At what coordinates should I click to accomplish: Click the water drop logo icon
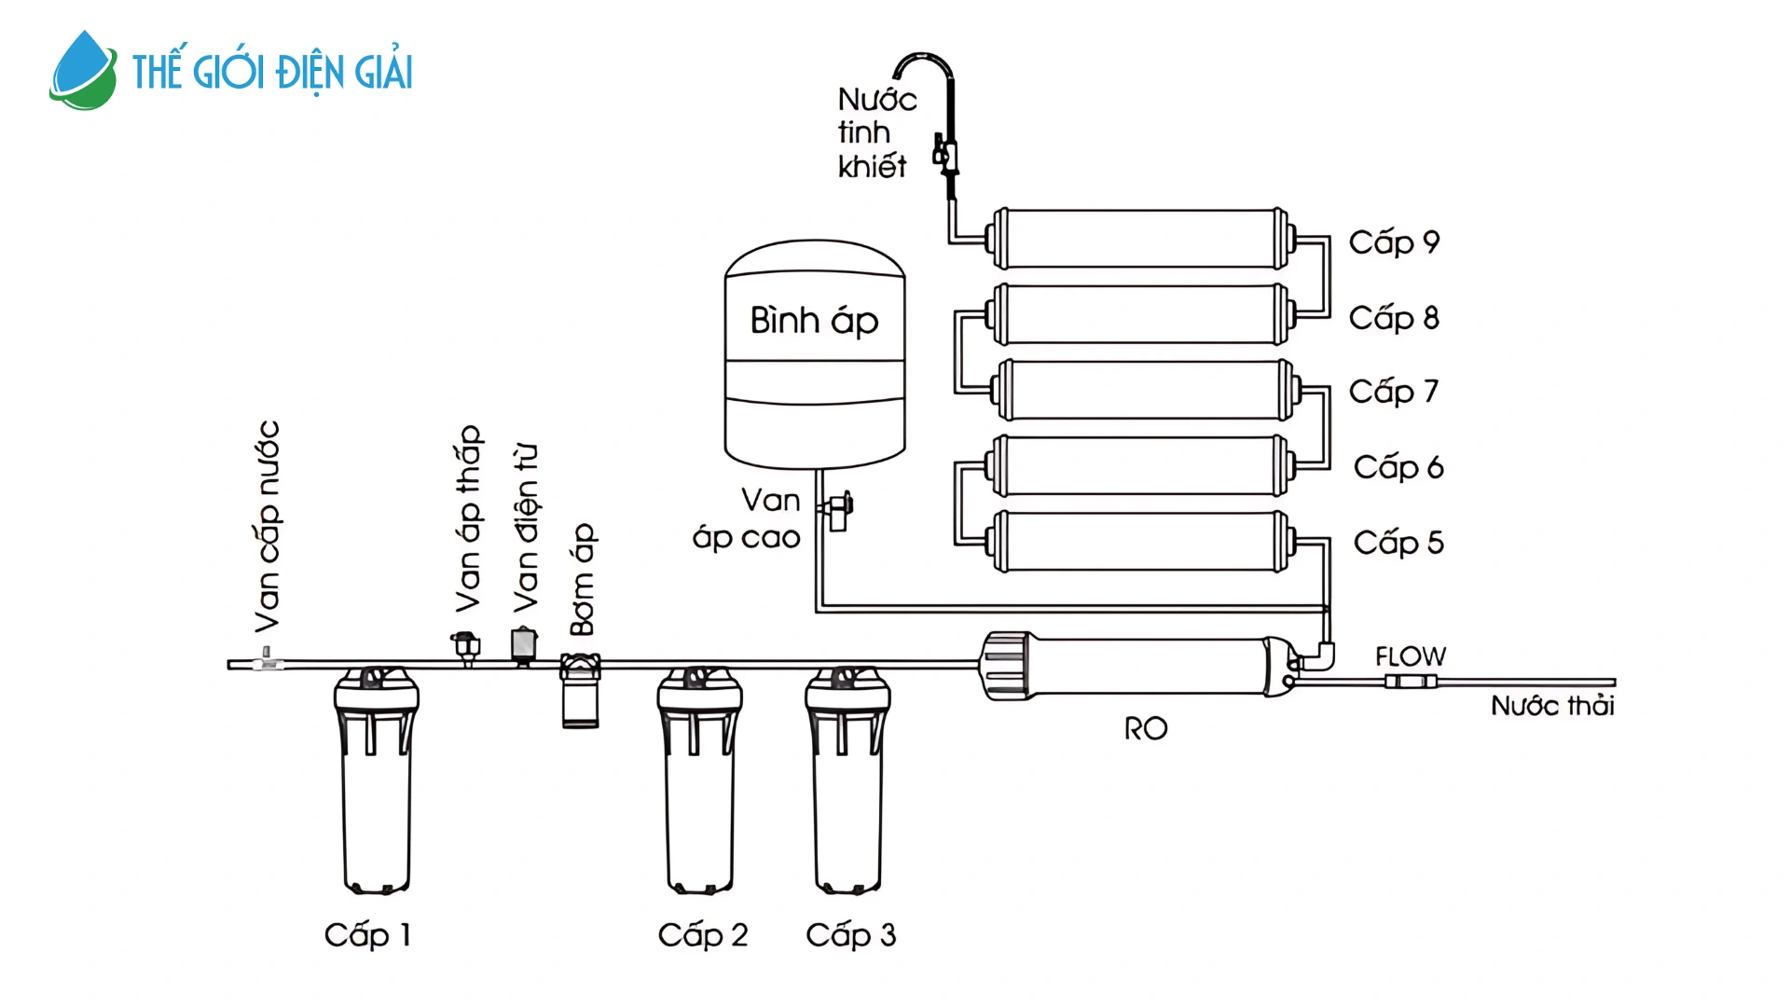83,71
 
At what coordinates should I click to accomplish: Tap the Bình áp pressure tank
814,354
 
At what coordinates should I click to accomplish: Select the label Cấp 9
1394,242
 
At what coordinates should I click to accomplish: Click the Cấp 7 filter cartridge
1142,391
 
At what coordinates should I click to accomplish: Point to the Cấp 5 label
1398,543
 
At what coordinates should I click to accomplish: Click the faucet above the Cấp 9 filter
942,121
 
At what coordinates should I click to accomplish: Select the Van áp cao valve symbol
837,509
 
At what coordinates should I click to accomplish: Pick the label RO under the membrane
1145,729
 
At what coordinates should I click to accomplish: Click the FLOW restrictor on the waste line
1410,682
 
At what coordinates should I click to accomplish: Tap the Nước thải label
1552,706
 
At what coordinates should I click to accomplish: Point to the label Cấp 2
703,935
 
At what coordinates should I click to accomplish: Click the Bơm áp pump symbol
580,690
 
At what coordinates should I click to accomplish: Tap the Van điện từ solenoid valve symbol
524,645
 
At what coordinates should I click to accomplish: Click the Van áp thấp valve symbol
466,646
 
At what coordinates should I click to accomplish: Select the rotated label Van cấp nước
268,527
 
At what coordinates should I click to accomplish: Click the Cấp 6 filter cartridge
1142,466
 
